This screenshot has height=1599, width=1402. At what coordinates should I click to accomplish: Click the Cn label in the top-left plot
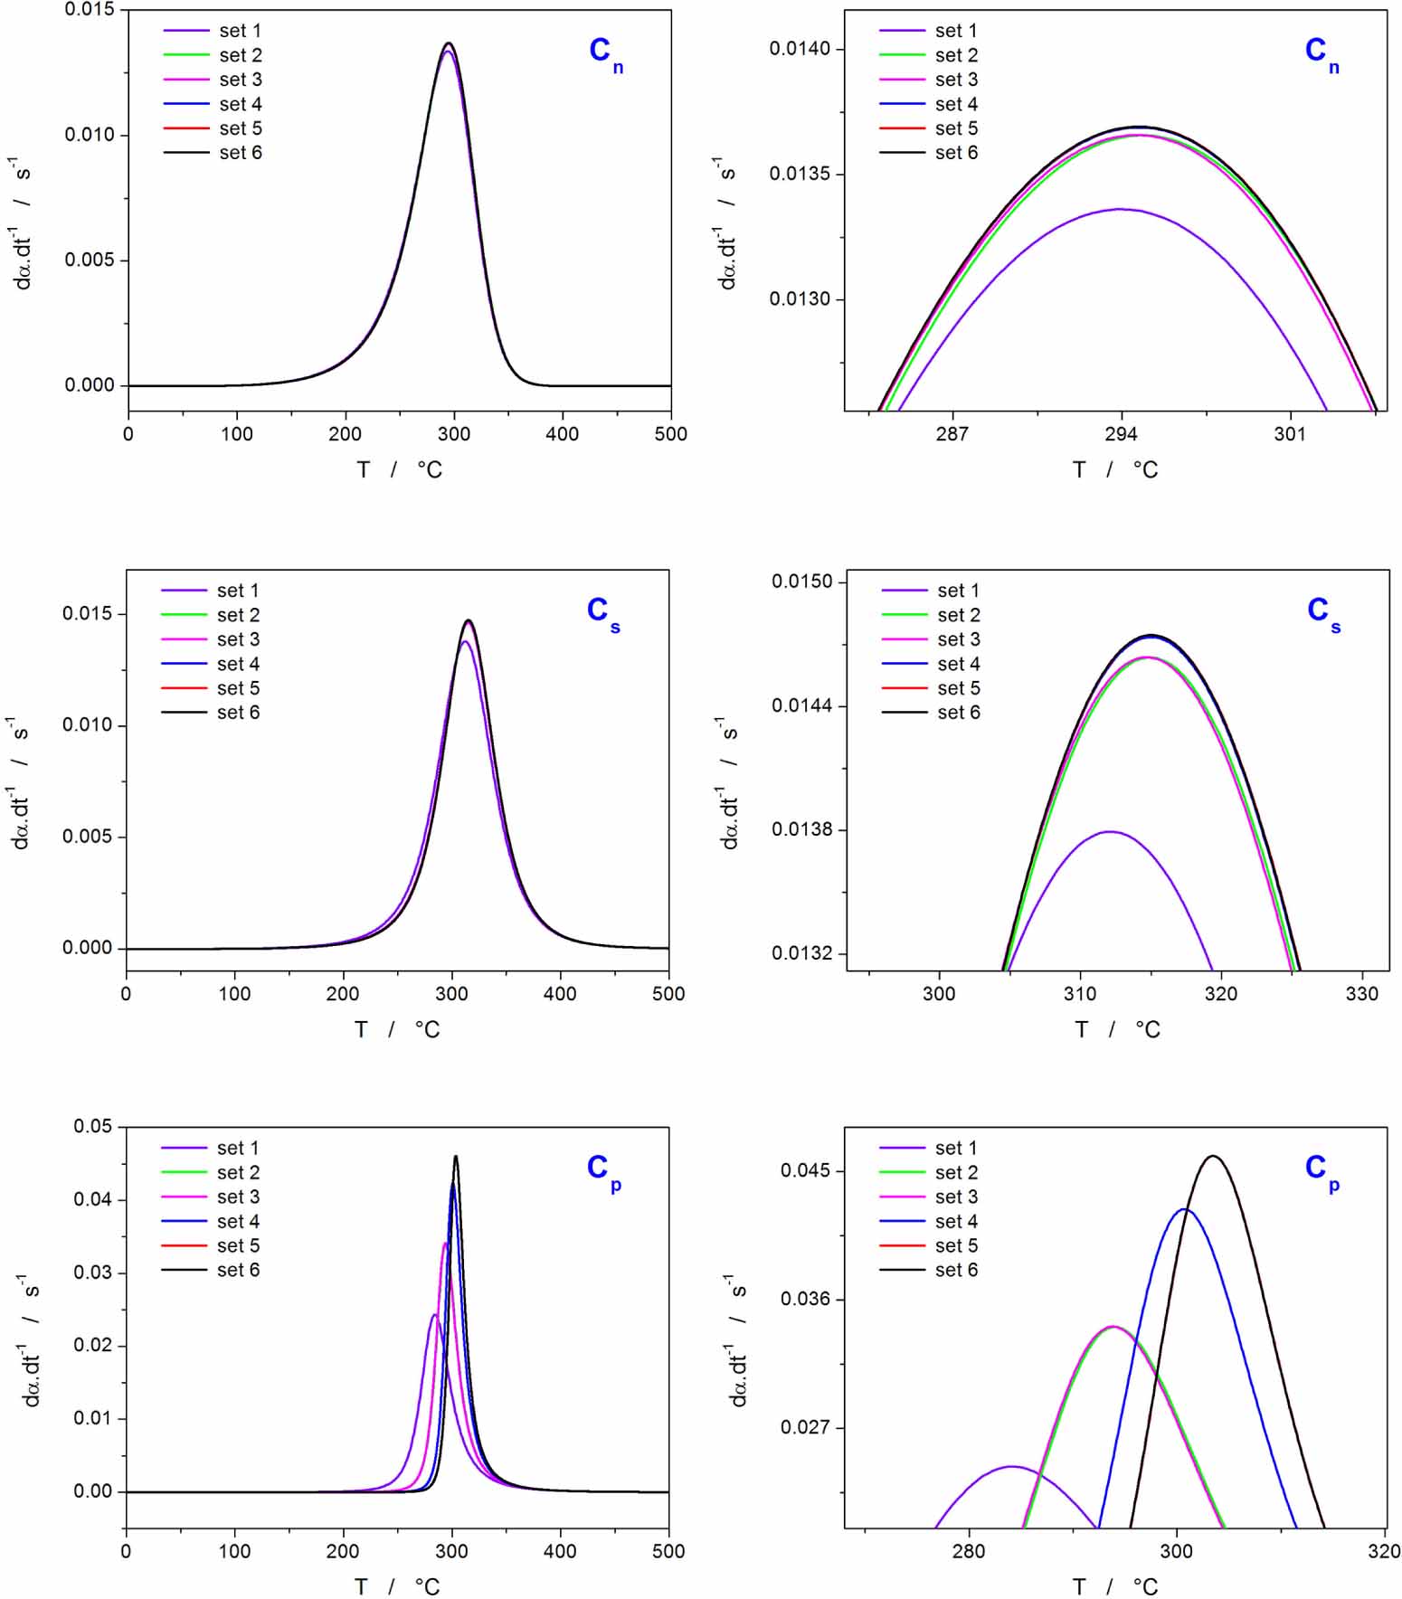coord(604,52)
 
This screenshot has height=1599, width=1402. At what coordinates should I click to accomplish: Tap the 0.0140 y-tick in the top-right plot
coord(800,49)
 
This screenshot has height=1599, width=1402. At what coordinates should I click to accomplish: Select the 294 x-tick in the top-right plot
coord(1121,434)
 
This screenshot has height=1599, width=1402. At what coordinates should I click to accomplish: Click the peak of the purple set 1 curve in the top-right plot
coord(1120,209)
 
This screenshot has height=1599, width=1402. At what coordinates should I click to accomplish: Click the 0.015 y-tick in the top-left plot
coord(90,10)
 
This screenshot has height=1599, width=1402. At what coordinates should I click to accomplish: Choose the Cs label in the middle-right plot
coord(1322,612)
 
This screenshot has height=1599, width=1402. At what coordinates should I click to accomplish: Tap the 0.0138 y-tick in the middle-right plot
coord(801,829)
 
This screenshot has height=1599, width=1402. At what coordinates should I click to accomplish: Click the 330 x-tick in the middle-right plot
coord(1362,994)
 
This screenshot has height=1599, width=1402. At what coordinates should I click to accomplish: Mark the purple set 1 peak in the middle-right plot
coord(1109,831)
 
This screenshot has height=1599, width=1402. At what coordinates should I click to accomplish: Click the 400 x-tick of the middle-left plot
coord(560,994)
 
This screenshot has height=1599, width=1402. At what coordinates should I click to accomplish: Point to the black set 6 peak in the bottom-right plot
coord(1213,1156)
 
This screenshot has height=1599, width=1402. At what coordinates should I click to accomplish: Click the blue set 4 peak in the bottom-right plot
coord(1184,1209)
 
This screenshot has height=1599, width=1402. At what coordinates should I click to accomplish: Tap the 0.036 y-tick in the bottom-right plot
coord(805,1299)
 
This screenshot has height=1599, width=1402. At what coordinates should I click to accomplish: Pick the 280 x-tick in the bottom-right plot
coord(969,1551)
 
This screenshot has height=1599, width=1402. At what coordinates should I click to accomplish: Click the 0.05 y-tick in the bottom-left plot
coord(93,1127)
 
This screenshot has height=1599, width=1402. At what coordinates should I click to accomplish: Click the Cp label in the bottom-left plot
coord(602,1170)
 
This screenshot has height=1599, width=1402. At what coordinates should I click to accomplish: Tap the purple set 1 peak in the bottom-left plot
coord(435,1314)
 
